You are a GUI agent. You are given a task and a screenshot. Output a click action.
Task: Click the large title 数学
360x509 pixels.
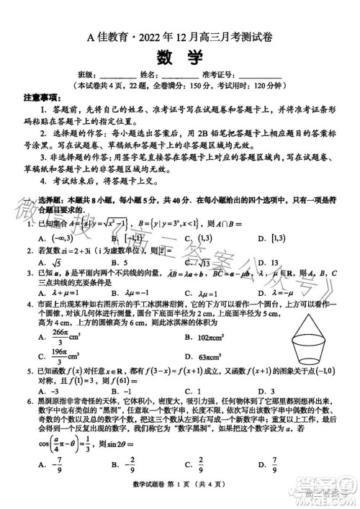[x=179, y=57]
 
